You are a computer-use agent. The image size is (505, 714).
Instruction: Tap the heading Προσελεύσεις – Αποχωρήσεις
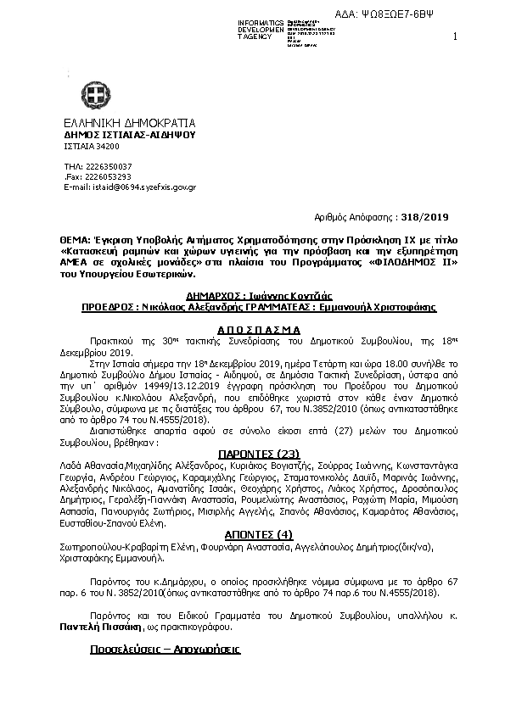(165, 649)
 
